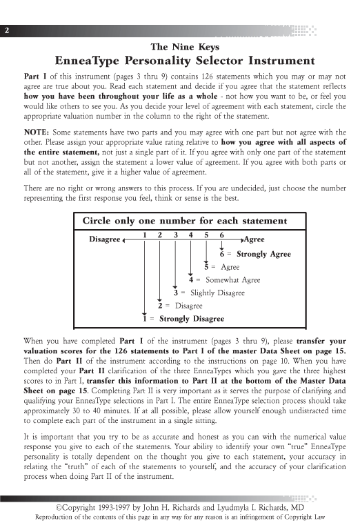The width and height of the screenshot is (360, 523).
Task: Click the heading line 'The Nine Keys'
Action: pyautogui.click(x=180, y=47)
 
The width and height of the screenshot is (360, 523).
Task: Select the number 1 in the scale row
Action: pyautogui.click(x=144, y=235)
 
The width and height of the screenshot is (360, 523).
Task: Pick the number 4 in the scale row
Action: pyautogui.click(x=191, y=235)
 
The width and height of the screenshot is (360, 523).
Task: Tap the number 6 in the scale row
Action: pyautogui.click(x=221, y=235)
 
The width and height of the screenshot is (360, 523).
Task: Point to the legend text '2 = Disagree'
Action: pyautogui.click(x=180, y=306)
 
